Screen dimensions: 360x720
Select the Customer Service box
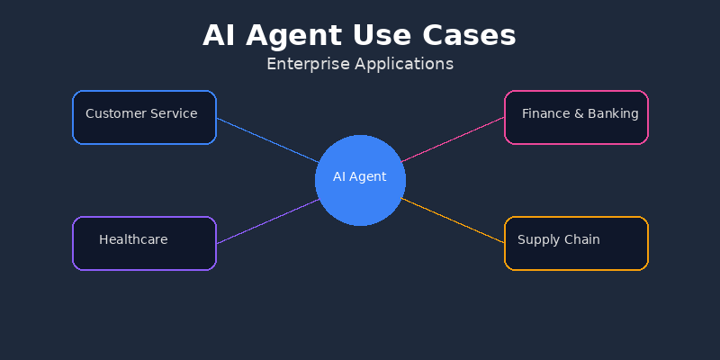(x=144, y=130)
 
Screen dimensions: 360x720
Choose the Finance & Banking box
(x=576, y=130)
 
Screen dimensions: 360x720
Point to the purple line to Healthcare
(x=267, y=221)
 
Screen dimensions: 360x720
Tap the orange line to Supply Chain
(x=453, y=220)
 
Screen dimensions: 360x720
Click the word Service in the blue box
(x=175, y=113)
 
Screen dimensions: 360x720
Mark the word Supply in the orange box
(x=537, y=240)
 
